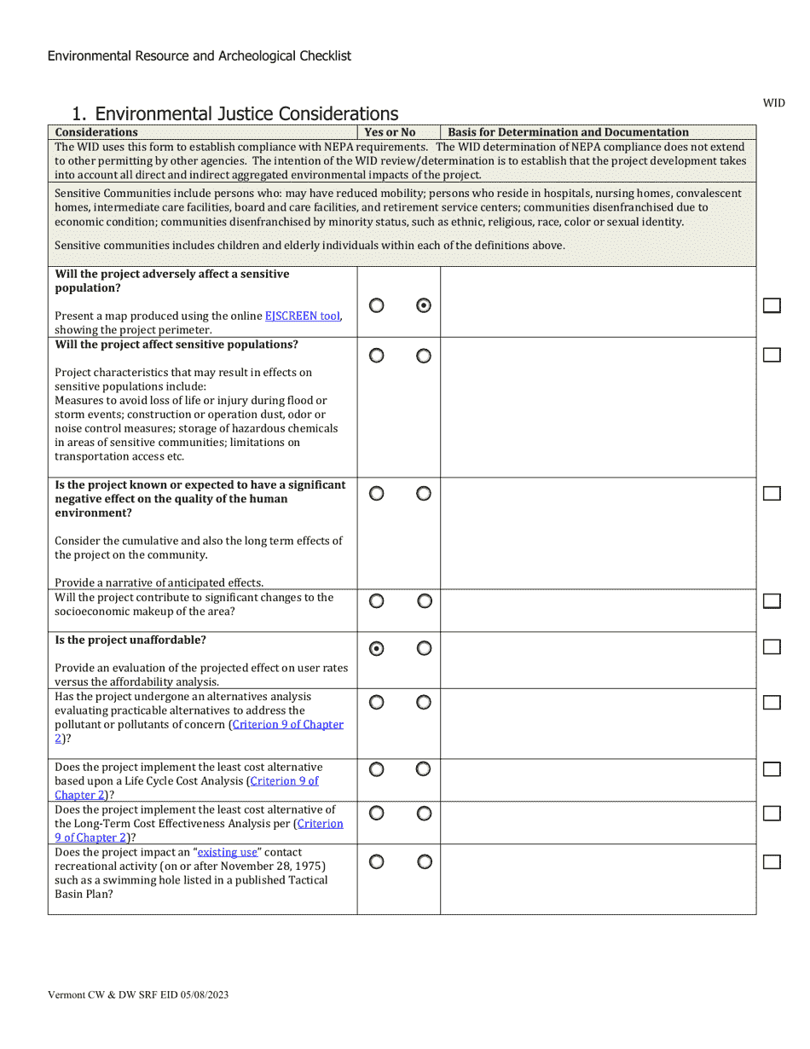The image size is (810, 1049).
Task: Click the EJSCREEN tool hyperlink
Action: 303,316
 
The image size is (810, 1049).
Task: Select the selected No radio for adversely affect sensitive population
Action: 424,306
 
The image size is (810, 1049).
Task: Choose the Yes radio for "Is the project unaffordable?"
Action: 376,649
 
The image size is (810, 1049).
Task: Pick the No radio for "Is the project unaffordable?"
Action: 424,649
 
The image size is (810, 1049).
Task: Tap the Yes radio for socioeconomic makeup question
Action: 376,601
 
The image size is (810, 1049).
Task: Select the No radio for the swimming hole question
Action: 424,862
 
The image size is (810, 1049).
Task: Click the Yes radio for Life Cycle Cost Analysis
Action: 376,769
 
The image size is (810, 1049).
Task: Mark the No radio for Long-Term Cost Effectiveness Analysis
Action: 424,814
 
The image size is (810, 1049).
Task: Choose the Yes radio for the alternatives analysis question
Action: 376,703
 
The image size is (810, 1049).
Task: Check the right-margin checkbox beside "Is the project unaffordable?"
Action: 772,647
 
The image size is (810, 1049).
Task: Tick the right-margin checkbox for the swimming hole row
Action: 772,861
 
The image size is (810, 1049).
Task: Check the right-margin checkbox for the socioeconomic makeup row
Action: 772,601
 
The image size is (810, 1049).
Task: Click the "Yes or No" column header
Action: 390,132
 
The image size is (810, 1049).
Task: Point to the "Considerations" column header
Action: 96,132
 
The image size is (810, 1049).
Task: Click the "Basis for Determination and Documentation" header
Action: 568,132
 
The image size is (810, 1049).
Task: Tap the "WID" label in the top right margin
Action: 773,103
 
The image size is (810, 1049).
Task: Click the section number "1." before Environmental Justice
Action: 79,114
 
